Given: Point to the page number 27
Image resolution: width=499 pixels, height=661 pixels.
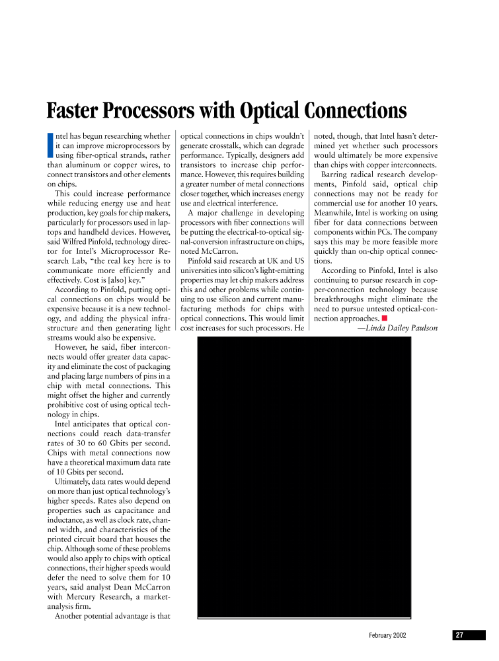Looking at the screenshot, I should pos(459,635).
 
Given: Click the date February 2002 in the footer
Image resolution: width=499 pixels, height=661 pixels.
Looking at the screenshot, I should pos(387,635).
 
